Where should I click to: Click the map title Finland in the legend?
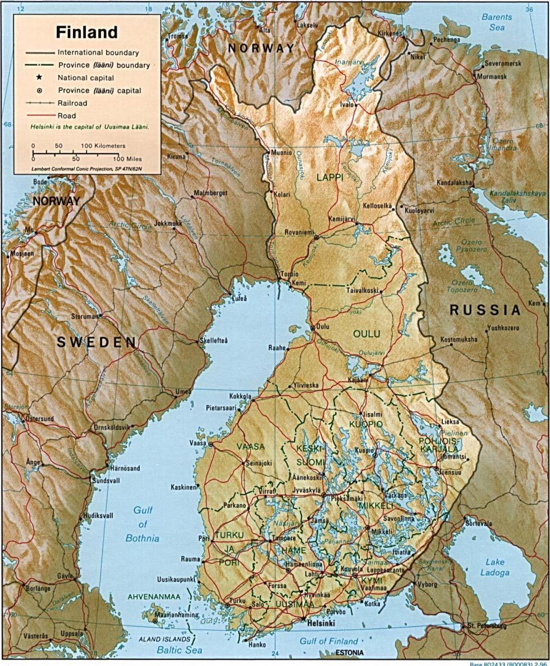[87, 33]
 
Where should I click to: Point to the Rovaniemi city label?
[299, 232]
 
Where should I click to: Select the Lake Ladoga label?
[495, 567]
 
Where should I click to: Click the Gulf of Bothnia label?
[143, 524]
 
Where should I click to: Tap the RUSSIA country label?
[485, 310]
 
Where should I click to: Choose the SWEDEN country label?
[96, 342]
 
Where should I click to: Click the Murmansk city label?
[492, 76]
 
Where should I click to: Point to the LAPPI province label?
[330, 177]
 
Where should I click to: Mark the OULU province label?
[367, 333]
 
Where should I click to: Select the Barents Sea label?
[497, 22]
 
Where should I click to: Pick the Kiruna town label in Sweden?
[176, 156]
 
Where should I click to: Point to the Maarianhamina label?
[177, 615]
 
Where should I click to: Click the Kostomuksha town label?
[459, 339]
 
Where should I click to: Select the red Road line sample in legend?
[39, 115]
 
